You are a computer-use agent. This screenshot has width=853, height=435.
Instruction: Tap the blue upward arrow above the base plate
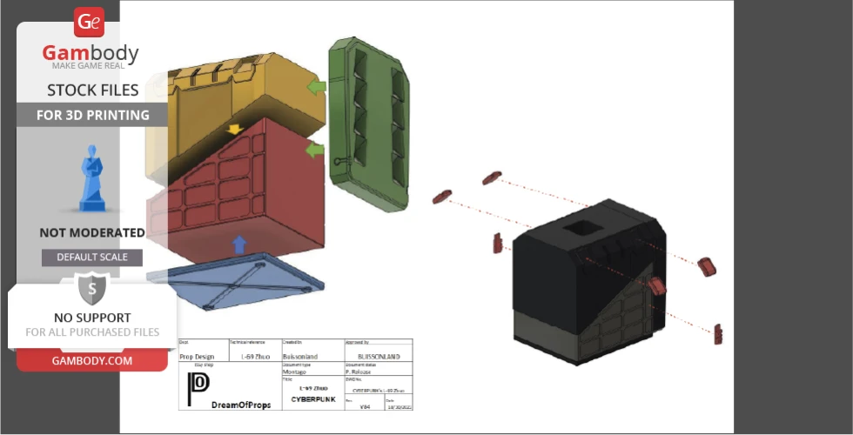tap(239, 244)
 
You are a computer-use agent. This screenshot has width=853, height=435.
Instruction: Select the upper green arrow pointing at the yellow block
tap(316, 87)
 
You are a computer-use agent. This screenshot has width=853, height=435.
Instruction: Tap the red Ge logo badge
tap(89, 22)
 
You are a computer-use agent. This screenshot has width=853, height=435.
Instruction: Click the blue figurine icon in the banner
tap(91, 179)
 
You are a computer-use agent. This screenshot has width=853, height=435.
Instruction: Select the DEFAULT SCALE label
tap(92, 258)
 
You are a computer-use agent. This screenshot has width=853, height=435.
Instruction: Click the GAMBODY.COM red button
tap(91, 360)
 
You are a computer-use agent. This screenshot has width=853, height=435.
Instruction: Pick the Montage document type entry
tap(294, 371)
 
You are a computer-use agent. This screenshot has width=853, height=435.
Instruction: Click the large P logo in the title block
tap(198, 385)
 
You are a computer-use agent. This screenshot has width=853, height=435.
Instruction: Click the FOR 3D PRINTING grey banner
tap(92, 115)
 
